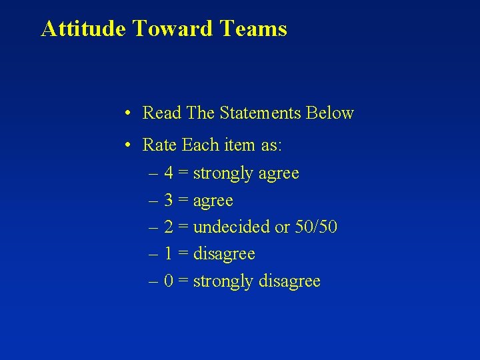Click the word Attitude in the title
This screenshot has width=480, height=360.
[83, 29]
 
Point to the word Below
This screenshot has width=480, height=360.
[329, 113]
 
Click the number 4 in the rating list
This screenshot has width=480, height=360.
[169, 173]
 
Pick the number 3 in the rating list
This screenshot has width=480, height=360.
[169, 201]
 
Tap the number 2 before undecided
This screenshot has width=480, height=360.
[169, 227]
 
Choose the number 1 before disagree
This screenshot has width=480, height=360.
[169, 254]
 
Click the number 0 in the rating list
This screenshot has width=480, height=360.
[169, 281]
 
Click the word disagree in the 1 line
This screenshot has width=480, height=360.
[224, 255]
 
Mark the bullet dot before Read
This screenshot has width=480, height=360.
[127, 113]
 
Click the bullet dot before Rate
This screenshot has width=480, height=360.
[127, 145]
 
